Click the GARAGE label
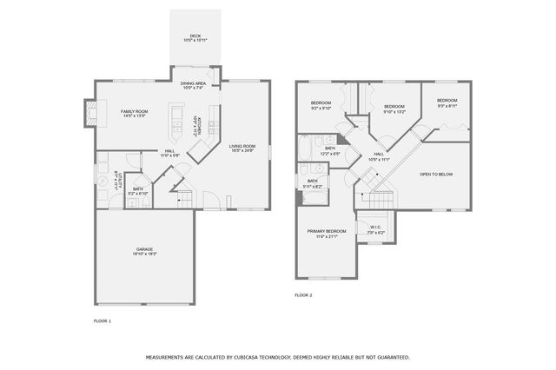click(x=144, y=250)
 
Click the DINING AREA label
click(x=194, y=84)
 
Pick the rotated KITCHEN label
click(x=199, y=125)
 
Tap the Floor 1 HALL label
click(x=169, y=153)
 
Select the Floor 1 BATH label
click(x=137, y=190)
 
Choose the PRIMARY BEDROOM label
click(x=326, y=233)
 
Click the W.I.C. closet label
click(x=375, y=230)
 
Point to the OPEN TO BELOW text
click(x=436, y=175)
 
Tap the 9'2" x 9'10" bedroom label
click(x=321, y=106)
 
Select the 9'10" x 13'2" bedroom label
click(x=394, y=108)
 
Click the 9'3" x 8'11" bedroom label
click(x=447, y=102)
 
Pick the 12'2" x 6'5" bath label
click(x=330, y=150)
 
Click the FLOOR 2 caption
click(x=303, y=295)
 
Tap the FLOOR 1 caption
click(x=103, y=321)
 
